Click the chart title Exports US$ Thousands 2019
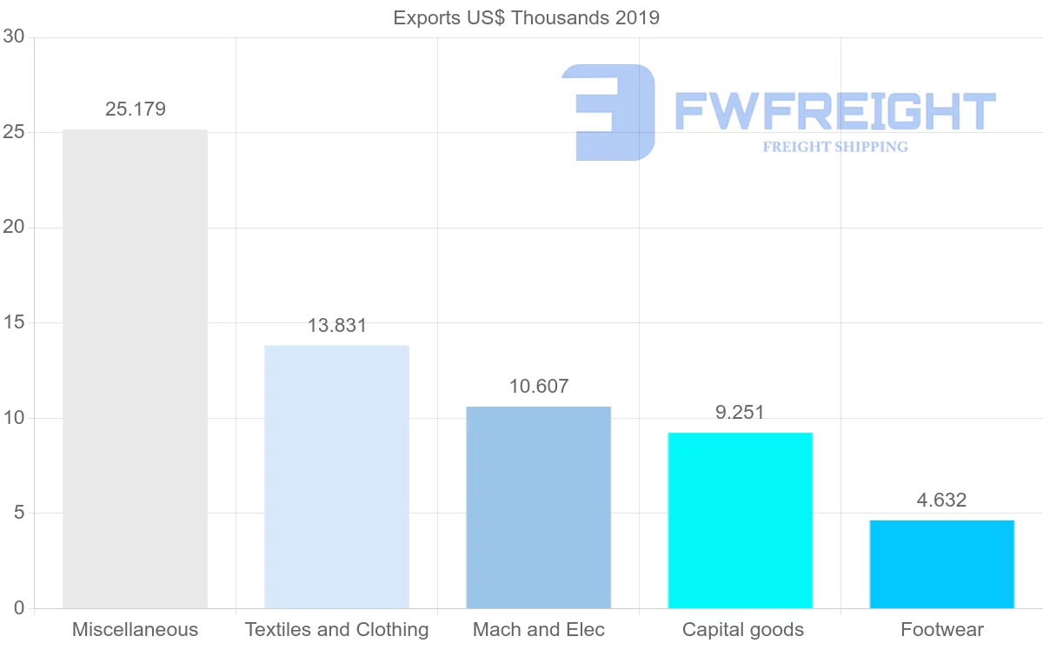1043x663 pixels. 526,18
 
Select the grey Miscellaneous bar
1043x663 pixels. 135,369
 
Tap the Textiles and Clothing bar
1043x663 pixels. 336,477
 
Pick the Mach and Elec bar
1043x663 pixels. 538,507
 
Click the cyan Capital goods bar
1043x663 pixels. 740,520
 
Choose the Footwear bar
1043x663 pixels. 941,564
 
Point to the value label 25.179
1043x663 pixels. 135,109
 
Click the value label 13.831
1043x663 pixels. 337,326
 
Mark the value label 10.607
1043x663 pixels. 539,387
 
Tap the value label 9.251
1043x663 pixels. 740,413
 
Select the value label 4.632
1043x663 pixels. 941,501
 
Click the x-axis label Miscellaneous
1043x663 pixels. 135,630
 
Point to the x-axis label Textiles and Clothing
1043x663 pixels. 337,630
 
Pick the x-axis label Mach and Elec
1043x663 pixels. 539,630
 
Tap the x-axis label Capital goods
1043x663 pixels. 743,630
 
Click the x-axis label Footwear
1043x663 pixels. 942,630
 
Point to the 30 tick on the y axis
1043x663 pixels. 13,37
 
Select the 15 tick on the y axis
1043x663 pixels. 13,323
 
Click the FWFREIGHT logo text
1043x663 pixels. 834,111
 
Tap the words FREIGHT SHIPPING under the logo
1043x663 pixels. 835,147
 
